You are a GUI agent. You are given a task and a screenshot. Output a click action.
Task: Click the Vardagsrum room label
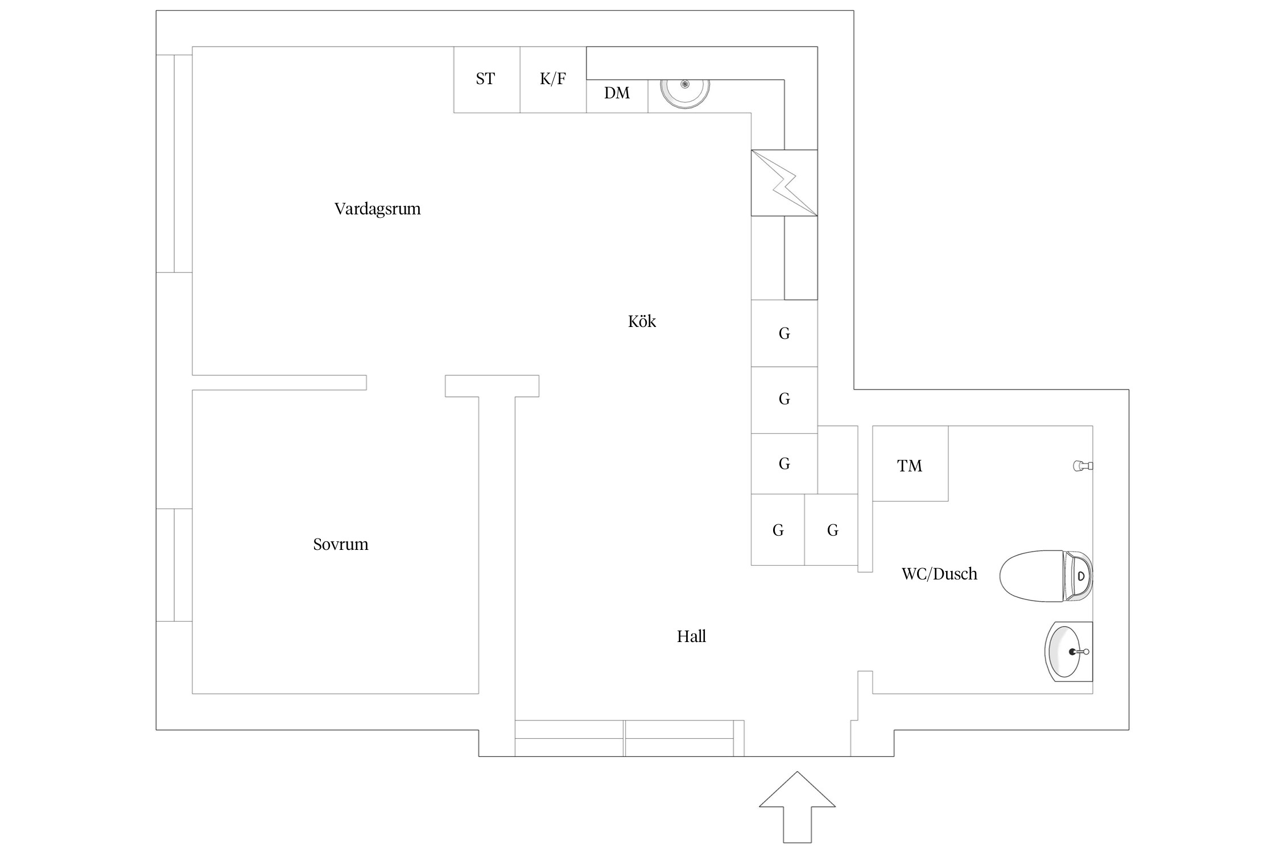click(x=377, y=209)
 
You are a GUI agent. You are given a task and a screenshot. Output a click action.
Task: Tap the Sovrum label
click(x=340, y=544)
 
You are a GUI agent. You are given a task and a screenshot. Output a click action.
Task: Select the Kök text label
click(x=642, y=321)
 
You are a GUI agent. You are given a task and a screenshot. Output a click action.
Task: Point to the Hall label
click(x=691, y=636)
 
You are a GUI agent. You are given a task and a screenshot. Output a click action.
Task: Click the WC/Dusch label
click(x=939, y=573)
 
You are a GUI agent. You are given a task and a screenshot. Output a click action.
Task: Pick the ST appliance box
click(x=486, y=79)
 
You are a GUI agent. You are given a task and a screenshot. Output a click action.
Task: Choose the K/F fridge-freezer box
click(x=553, y=79)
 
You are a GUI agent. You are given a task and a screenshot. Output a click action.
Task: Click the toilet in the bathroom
click(x=1046, y=575)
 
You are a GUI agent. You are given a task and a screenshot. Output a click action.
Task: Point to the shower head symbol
click(x=1083, y=466)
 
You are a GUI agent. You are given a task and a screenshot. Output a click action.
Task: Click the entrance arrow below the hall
click(x=797, y=814)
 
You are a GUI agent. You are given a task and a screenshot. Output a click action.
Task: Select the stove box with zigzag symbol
click(x=784, y=183)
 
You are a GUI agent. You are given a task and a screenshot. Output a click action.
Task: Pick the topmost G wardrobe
click(x=784, y=333)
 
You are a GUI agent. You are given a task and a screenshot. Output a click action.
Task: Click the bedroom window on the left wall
click(x=174, y=565)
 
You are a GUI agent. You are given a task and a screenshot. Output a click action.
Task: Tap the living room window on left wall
click(x=174, y=163)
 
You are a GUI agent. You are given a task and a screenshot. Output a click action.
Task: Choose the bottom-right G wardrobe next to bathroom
click(x=831, y=530)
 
